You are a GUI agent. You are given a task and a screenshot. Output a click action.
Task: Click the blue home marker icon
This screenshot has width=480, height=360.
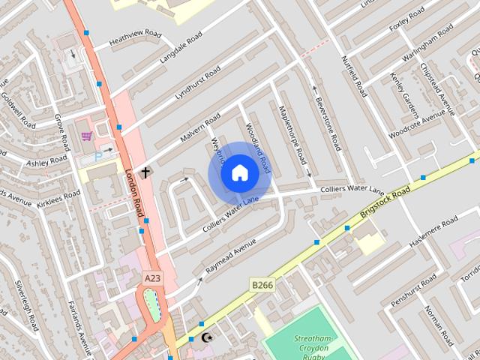pyautogui.click(x=239, y=172)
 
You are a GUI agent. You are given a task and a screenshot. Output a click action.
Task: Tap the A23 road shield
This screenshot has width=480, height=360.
pyautogui.click(x=152, y=278)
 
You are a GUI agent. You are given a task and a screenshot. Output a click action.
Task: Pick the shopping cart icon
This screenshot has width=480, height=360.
pyautogui.click(x=87, y=136)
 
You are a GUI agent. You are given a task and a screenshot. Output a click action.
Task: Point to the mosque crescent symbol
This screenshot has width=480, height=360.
pyautogui.click(x=206, y=337)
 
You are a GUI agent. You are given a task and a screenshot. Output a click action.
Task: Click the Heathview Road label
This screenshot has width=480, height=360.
pyautogui.click(x=135, y=37)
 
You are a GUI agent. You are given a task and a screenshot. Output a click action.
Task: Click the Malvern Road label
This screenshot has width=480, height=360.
pyautogui.click(x=199, y=128)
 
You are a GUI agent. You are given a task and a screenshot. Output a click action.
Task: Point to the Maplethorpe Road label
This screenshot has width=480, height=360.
pyautogui.click(x=292, y=136)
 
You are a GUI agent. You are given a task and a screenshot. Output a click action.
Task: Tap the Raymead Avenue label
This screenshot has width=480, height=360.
pyautogui.click(x=231, y=255)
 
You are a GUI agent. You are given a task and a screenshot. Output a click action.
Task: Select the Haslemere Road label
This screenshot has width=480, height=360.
pyautogui.click(x=433, y=232)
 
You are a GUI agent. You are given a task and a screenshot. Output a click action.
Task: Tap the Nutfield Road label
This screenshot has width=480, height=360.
pyautogui.click(x=354, y=76)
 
